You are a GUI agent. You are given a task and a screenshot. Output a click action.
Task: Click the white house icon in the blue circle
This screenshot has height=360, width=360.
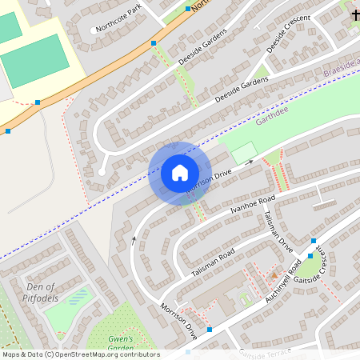pyautogui.click(x=180, y=172)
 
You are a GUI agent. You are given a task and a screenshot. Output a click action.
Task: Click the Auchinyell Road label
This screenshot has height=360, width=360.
pyautogui.click(x=282, y=285)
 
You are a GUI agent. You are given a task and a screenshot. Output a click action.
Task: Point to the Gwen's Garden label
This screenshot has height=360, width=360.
pyautogui.click(x=120, y=343)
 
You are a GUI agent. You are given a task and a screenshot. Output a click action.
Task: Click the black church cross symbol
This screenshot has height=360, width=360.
pyautogui.click(x=354, y=14)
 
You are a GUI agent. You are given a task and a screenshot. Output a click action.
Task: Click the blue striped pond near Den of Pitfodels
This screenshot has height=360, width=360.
pyautogui.click(x=78, y=298)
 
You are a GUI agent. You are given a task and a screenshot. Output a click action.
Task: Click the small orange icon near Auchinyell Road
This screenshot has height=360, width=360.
pyautogui.click(x=274, y=275)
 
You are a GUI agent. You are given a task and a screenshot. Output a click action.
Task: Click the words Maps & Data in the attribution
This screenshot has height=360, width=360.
pyautogui.click(x=21, y=354)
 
